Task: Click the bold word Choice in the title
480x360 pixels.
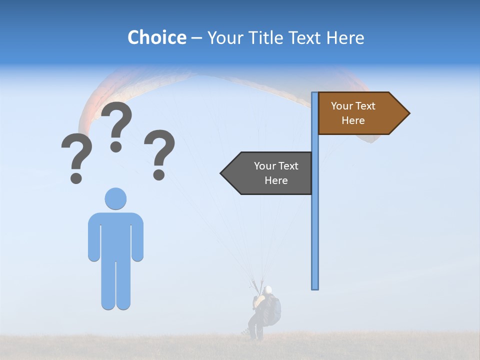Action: pos(156,37)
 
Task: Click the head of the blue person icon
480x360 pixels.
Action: pos(115,198)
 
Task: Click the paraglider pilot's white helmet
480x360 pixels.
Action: pos(268,289)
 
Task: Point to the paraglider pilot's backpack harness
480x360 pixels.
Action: pos(272,309)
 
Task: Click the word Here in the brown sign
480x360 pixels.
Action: pos(353,120)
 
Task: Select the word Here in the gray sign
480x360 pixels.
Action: pos(276,180)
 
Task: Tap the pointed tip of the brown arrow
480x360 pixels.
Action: pos(408,113)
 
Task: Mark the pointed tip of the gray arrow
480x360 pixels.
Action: pos(221,173)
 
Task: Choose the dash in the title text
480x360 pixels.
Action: pos(196,37)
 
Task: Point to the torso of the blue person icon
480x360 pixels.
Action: pos(115,235)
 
